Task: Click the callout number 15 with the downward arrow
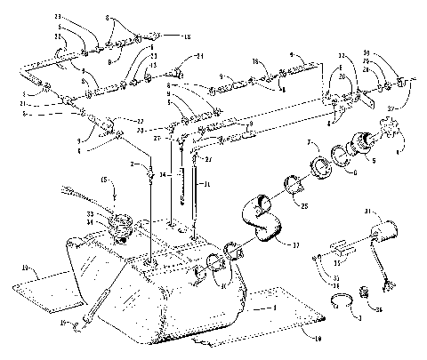point(106,181)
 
